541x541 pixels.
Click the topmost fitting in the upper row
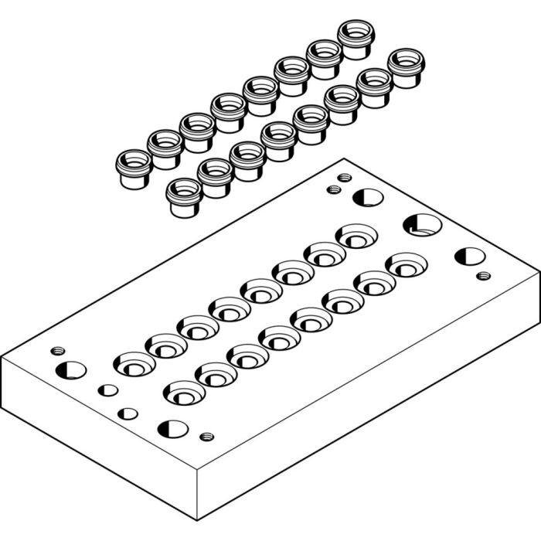(x=354, y=39)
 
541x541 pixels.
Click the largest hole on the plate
(x=422, y=226)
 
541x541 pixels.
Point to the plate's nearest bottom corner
(x=198, y=519)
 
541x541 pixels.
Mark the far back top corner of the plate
(x=345, y=159)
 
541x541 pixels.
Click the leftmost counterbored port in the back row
(x=135, y=362)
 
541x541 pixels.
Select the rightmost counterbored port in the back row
(x=356, y=236)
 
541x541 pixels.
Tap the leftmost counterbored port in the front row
(x=185, y=393)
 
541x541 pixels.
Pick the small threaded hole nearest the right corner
(x=483, y=275)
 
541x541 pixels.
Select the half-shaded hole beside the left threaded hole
(x=71, y=369)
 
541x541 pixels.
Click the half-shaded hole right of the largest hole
(x=470, y=256)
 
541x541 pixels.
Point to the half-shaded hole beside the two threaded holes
(x=368, y=197)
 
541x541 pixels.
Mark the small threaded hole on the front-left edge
(x=206, y=437)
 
